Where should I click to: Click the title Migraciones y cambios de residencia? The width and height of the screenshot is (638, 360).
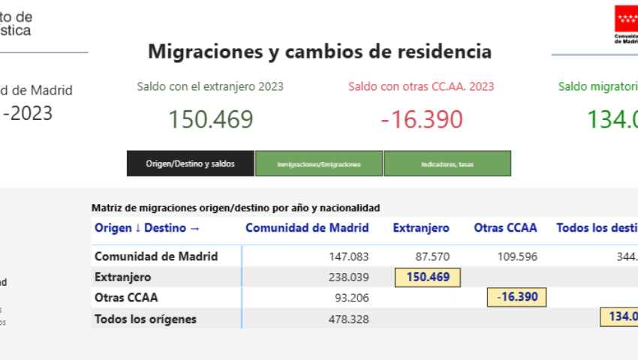320,52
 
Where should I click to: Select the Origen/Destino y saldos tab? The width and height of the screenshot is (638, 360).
190,163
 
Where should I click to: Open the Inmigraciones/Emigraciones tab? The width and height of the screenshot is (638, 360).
319,163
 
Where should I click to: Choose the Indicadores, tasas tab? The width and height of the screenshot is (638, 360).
447,163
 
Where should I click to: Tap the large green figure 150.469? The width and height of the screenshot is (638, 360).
210,119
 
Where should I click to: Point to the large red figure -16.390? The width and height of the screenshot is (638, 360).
421,119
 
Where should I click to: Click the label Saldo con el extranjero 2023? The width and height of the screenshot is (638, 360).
210,86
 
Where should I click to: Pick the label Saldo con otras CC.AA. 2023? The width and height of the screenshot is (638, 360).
421,86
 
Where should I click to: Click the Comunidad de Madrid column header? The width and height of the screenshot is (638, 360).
307,228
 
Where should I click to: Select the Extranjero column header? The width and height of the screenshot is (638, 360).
421,228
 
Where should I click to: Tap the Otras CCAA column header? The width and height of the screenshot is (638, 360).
505,228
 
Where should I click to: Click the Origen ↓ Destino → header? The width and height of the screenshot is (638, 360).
147,228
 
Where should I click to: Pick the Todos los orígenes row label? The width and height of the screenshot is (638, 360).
145,319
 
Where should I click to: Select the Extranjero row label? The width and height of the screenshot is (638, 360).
122,277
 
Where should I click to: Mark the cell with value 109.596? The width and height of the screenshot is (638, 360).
517,256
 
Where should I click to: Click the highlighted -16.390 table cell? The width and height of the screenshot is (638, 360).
517,297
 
